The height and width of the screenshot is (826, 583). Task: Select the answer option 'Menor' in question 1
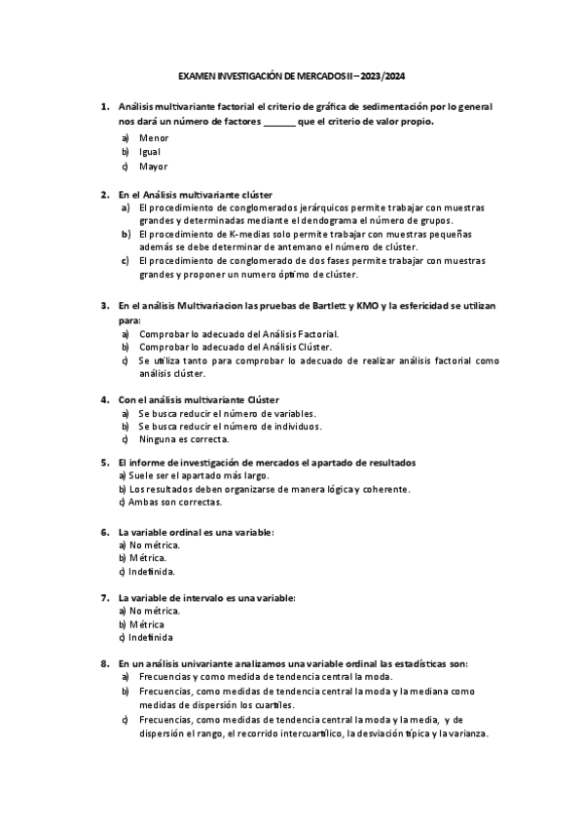154,138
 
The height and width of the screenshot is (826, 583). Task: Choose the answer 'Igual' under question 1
150,152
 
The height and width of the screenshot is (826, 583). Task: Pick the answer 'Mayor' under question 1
154,167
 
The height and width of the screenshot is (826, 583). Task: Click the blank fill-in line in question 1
279,122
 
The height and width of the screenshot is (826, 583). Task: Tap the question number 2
105,194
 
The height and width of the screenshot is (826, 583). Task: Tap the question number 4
105,398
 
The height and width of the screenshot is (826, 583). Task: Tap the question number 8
105,662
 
